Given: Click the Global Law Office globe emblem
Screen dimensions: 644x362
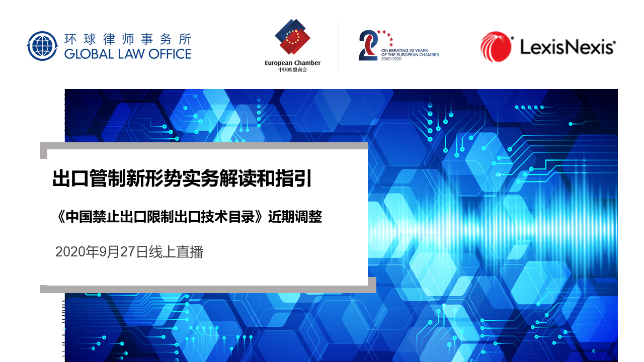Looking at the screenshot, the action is coord(42,46).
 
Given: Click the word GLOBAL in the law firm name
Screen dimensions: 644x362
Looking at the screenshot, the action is coord(89,54).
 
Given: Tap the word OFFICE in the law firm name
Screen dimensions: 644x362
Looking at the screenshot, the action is coord(170,54).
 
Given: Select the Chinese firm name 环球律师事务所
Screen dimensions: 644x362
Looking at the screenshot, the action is coord(128,39).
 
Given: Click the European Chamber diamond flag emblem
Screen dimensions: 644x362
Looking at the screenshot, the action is coord(292,37).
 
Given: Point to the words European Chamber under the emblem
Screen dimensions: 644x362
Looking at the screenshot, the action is coord(292,63).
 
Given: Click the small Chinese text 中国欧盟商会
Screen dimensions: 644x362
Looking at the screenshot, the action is coord(292,70).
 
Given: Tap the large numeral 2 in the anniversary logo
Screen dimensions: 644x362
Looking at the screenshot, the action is coord(368,45).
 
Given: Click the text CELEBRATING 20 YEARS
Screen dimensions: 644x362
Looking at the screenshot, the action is coord(405,51).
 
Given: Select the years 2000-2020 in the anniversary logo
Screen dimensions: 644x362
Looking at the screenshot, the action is coord(391,59).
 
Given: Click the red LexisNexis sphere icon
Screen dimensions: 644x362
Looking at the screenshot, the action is coord(496,47).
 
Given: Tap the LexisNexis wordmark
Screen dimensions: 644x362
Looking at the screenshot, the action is coord(568,47).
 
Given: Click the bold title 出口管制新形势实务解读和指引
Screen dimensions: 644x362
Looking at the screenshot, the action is coord(182,178).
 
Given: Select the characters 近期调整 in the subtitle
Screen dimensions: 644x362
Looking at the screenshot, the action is coord(295,217).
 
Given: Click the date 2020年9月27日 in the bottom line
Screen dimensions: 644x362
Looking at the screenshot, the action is coord(102,252).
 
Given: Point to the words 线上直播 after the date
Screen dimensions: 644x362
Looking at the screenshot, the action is coord(176,252).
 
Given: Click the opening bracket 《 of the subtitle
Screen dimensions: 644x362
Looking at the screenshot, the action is coord(61,217).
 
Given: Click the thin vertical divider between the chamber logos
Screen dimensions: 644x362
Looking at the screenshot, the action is coord(339,45).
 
